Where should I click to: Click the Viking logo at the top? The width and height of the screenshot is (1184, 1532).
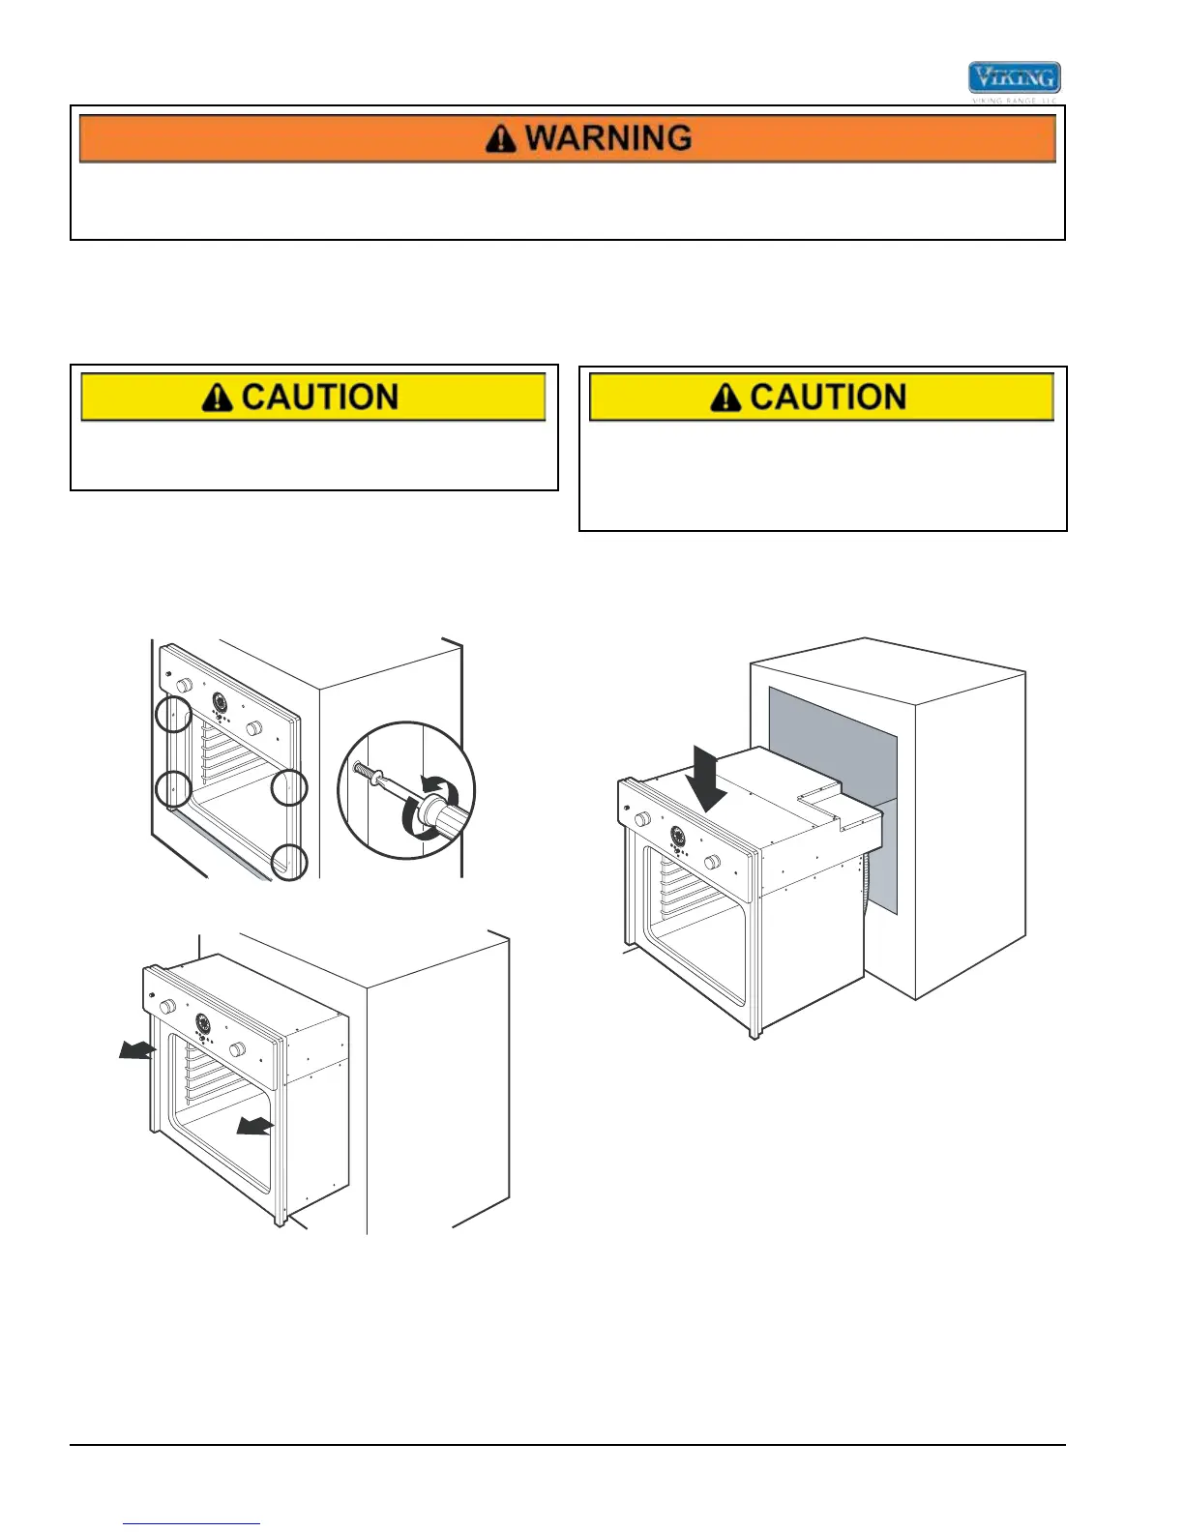pos(1014,78)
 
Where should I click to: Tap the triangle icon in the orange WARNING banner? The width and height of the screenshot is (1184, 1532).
pos(500,139)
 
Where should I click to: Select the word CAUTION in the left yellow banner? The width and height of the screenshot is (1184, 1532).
pos(320,398)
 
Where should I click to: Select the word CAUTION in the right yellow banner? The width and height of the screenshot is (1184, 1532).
pos(828,398)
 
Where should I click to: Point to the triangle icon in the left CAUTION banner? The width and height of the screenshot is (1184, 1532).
pos(218,398)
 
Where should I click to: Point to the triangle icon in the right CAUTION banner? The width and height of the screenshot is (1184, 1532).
pos(725,398)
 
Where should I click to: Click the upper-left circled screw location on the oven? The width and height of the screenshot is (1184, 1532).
pos(173,715)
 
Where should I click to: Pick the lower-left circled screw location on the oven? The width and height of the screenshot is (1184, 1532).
pos(173,788)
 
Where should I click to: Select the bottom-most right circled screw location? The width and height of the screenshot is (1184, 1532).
pos(289,861)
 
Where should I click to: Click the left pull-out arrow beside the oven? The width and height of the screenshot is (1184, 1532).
pos(134,1050)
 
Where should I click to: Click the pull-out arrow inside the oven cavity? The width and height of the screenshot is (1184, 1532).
pos(255,1125)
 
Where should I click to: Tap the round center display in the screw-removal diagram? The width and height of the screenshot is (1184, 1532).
pos(220,703)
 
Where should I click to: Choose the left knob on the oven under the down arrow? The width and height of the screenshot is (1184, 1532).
pos(641,819)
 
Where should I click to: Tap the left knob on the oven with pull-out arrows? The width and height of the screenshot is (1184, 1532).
pos(166,1007)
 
